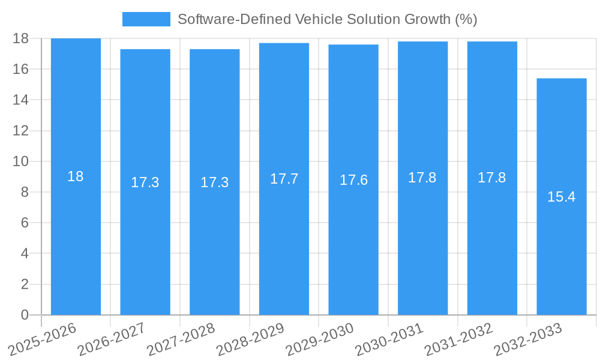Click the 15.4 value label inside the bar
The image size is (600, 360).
point(562,197)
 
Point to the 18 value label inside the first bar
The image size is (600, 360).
point(76,176)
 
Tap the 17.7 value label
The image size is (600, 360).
point(284,179)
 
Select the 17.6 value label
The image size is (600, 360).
point(353,180)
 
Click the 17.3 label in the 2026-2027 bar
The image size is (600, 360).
point(145,182)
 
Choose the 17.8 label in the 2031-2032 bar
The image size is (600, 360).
point(492,178)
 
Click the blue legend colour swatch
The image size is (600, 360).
point(146,19)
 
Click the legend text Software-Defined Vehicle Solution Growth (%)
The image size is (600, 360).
point(327,19)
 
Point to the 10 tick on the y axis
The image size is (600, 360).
point(20,161)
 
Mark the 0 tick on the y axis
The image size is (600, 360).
point(25,315)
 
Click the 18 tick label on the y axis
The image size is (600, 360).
point(20,38)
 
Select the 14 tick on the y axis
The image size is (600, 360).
point(20,100)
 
